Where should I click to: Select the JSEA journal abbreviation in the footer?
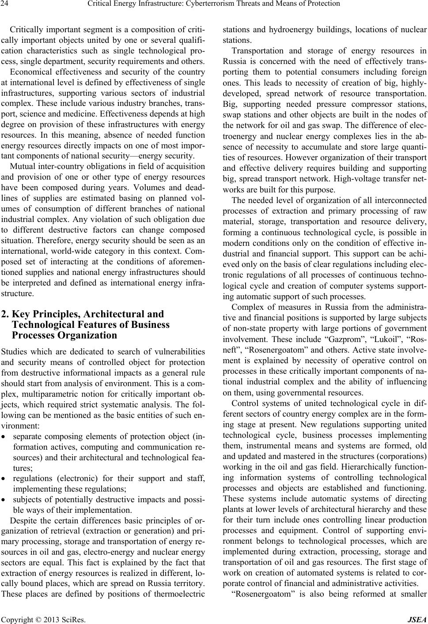point(419,616)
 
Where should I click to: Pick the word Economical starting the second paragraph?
point(31,72)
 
